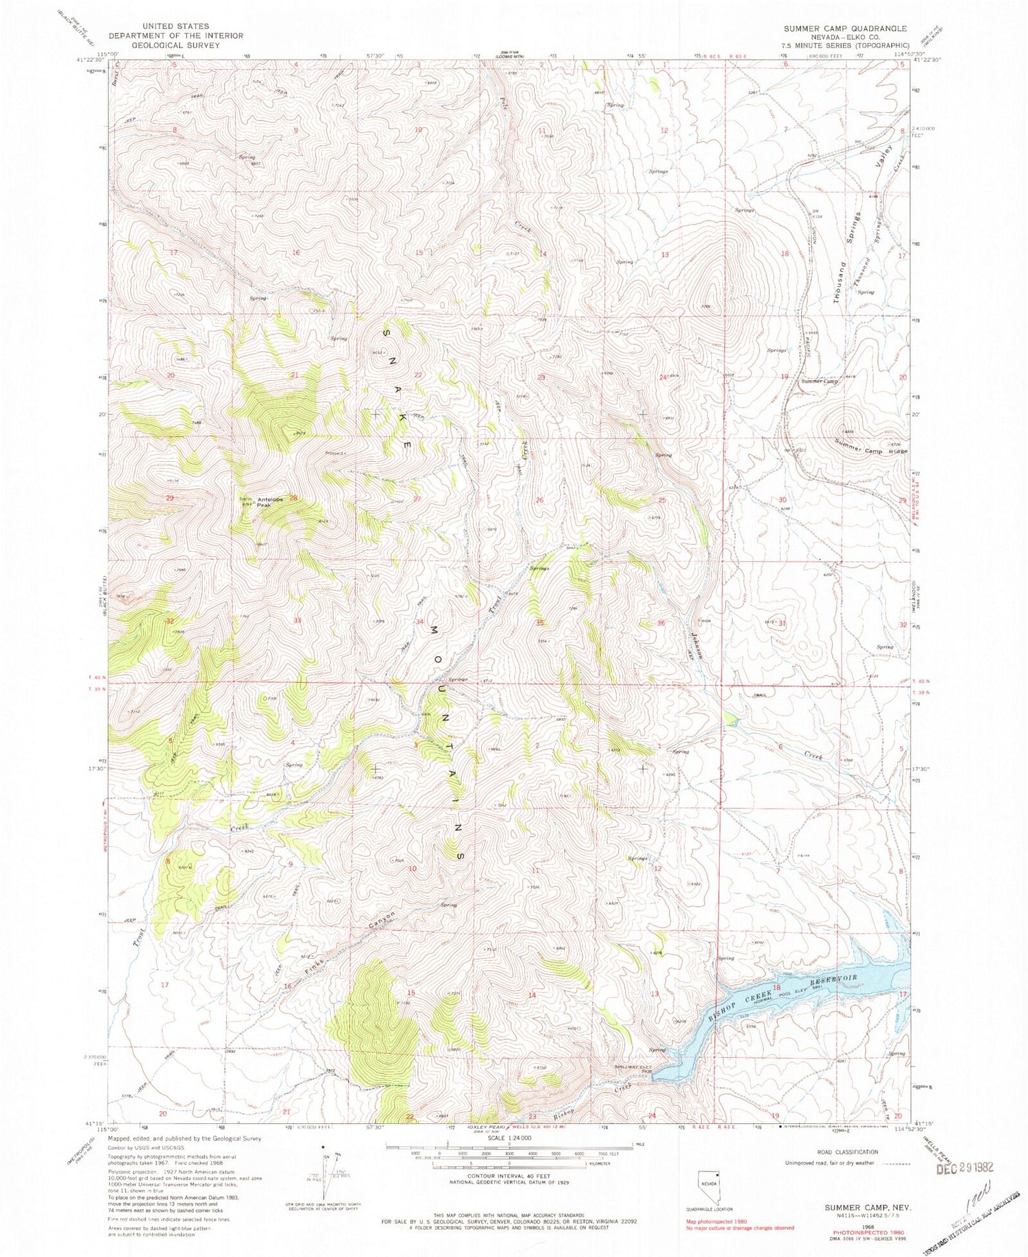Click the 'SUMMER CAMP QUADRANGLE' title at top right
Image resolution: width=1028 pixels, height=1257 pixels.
(x=845, y=29)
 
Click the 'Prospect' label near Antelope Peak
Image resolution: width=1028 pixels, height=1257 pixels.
(x=336, y=453)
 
